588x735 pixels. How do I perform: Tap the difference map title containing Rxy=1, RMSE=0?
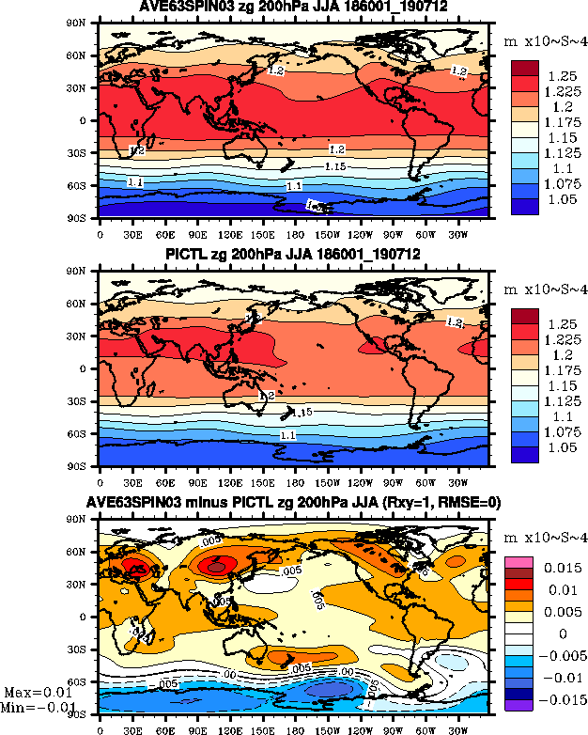[294, 504]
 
